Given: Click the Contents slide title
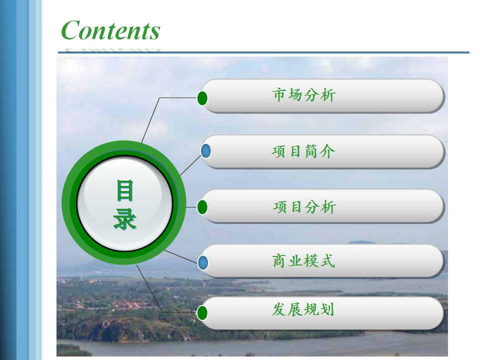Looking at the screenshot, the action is pyautogui.click(x=110, y=30).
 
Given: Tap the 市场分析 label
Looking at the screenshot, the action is pyautogui.click(x=303, y=94).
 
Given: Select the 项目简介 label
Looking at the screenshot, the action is pyautogui.click(x=303, y=151).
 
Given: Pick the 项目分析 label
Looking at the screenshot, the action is pyautogui.click(x=304, y=207).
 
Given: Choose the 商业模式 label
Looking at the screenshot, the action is pyautogui.click(x=303, y=261).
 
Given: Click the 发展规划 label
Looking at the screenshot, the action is pyautogui.click(x=303, y=309).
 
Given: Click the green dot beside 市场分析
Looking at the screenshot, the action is pyautogui.click(x=202, y=98).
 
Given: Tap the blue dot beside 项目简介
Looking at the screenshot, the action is pyautogui.click(x=205, y=151).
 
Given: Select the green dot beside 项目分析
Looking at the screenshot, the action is pyautogui.click(x=202, y=207).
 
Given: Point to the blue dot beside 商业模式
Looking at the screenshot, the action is pyautogui.click(x=202, y=262).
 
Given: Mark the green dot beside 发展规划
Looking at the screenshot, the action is pyautogui.click(x=202, y=313).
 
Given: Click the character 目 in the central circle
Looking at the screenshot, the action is pyautogui.click(x=125, y=190).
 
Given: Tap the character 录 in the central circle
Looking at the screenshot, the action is pyautogui.click(x=125, y=219).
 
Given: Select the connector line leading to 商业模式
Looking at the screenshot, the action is pyautogui.click(x=181, y=256).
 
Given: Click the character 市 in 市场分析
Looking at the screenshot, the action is pyautogui.click(x=279, y=94).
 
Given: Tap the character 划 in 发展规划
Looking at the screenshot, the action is pyautogui.click(x=327, y=309).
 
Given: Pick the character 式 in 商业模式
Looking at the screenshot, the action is pyautogui.click(x=328, y=261).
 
